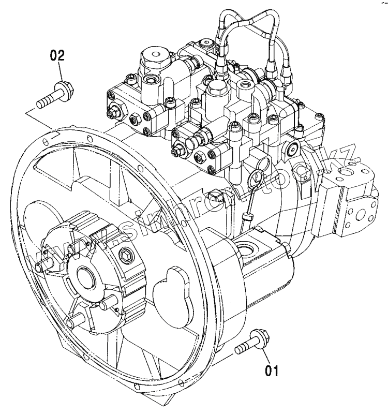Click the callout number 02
coord(58,56)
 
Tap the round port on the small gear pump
coord(249,249)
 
